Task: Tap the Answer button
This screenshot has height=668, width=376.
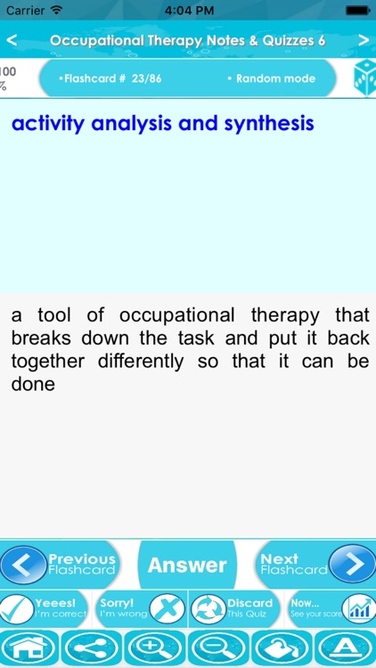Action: coord(187,565)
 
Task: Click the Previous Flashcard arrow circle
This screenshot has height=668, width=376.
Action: coord(22,564)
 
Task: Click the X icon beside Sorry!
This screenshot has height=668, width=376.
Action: coord(166,609)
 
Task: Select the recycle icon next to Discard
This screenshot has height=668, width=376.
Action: coord(207,609)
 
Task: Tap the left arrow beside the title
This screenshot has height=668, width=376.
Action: coord(12,40)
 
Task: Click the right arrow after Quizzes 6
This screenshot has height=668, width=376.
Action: coord(364,40)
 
